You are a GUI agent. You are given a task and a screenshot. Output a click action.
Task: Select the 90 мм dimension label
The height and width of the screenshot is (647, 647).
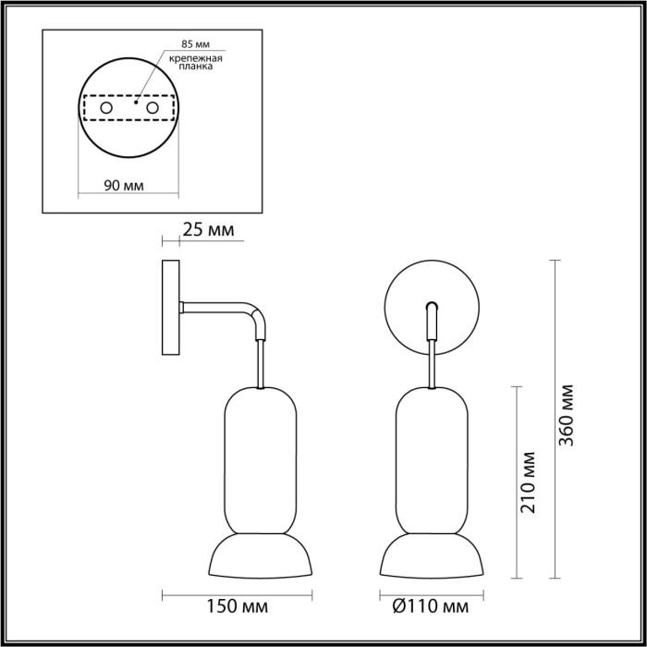click(x=123, y=186)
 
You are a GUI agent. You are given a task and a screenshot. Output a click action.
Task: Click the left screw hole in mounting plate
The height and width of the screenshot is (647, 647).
click(x=106, y=108)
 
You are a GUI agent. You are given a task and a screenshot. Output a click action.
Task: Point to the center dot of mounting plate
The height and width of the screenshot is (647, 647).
click(x=135, y=104)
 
